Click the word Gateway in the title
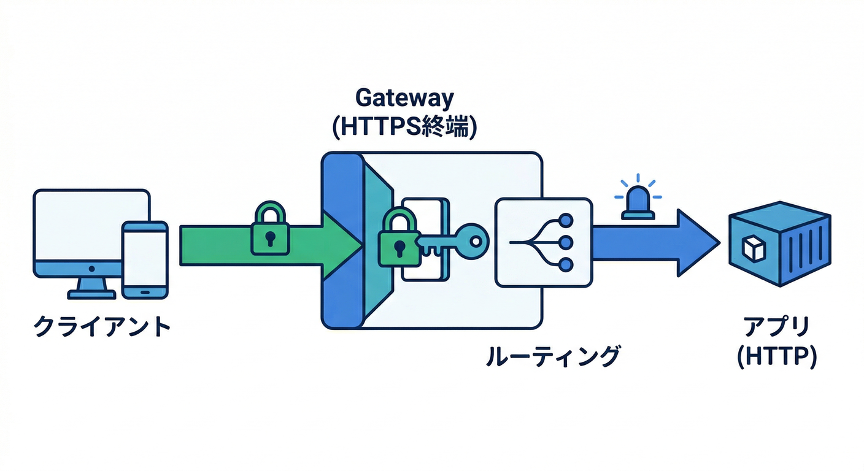click(404, 98)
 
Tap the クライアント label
click(101, 326)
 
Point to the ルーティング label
click(551, 356)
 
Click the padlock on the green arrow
click(269, 231)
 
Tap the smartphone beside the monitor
click(145, 259)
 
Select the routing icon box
click(543, 243)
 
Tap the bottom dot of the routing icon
click(566, 264)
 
